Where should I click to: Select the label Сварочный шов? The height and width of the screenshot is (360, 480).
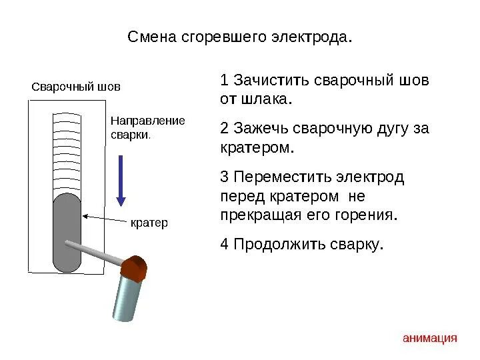coord(77,87)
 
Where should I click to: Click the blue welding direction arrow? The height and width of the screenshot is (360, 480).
coord(121,180)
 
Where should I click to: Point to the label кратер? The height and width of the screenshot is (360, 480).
coord(149,223)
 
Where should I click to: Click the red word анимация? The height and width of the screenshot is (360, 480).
coord(430,338)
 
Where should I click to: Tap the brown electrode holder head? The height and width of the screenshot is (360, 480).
coord(135,267)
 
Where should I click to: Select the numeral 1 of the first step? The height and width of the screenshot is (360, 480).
coord(225,81)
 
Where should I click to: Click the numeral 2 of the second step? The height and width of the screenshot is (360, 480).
coord(225,129)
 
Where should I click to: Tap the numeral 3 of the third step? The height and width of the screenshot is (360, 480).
coord(225,177)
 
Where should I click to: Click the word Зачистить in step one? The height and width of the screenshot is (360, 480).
coord(265,81)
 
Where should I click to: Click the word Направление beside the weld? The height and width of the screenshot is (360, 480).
coord(147,121)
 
